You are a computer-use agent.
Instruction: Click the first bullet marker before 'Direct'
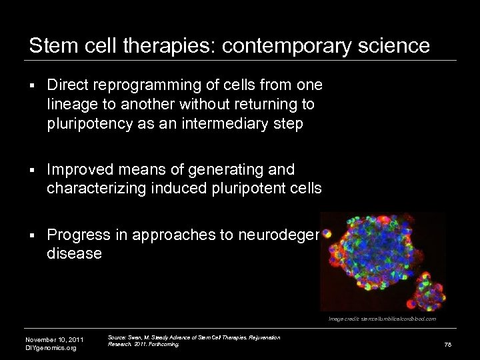click(x=32, y=86)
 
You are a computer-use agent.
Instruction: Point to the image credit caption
click(x=381, y=319)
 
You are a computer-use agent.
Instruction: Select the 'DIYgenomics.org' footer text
click(x=51, y=348)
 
